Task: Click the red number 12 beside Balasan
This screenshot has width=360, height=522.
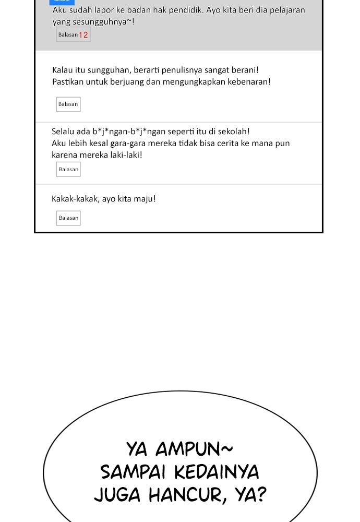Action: point(84,35)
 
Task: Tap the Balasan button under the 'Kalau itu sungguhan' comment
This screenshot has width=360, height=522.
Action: point(68,104)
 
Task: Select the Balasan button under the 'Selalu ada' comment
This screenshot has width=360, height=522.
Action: point(68,169)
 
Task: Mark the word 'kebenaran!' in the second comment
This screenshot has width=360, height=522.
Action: point(249,82)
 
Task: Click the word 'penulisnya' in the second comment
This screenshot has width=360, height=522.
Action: point(182,70)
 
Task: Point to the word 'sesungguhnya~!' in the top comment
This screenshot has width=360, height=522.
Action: point(105,22)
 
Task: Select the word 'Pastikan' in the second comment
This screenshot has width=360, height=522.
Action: point(67,82)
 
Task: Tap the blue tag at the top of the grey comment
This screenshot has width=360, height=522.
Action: point(62,2)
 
